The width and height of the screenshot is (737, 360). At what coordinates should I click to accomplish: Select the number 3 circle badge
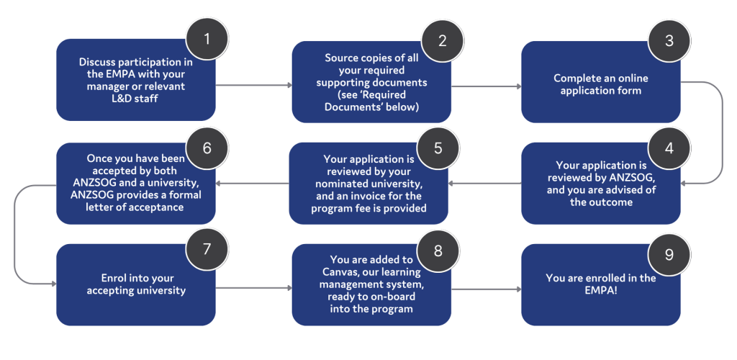tap(669, 40)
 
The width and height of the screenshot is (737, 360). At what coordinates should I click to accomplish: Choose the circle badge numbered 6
tap(207, 148)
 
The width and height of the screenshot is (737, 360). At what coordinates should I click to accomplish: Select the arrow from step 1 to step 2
tap(253, 86)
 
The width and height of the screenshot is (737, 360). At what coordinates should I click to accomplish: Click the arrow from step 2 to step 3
tap(486, 87)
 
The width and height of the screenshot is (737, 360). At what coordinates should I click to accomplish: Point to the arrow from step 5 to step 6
tap(253, 183)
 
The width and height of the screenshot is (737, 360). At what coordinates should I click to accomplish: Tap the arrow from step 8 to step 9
tap(486, 290)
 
